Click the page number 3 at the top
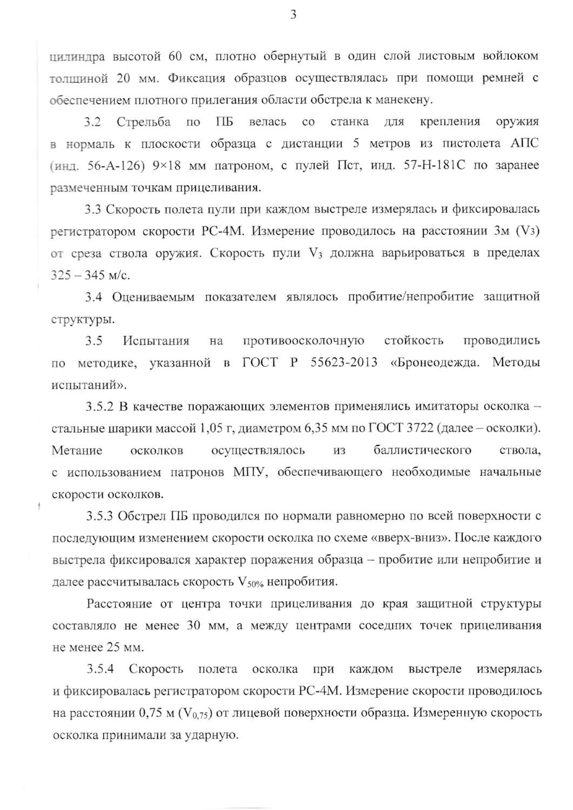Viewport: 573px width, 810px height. (293, 15)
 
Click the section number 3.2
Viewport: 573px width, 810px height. (92, 122)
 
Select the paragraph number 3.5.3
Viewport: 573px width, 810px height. (100, 516)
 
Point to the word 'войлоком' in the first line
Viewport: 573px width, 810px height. (510, 56)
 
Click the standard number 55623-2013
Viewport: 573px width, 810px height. (344, 362)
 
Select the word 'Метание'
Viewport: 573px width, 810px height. (77, 450)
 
